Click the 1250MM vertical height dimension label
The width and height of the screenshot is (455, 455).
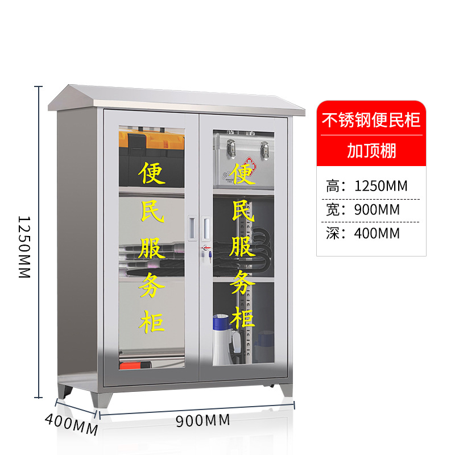23,246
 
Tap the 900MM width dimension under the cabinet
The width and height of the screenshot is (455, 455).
202,421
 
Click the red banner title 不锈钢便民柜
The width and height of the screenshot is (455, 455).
371,121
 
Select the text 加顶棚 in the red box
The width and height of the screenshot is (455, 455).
371,151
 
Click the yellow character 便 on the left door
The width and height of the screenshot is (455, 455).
152,173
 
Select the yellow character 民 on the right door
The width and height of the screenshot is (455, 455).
243,210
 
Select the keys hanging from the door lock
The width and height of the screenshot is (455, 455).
209,257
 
